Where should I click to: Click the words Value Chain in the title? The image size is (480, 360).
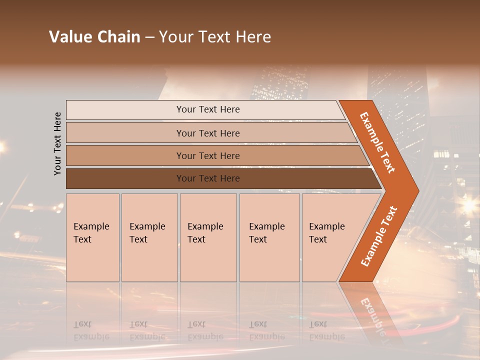(x=94, y=37)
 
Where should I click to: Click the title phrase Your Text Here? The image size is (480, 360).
(x=215, y=37)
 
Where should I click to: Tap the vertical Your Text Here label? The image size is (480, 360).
(x=57, y=143)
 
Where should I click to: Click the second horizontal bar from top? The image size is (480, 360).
(x=207, y=133)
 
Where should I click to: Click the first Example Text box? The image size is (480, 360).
(x=92, y=237)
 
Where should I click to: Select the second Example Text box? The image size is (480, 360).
(x=149, y=237)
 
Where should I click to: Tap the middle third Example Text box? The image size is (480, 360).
(x=208, y=237)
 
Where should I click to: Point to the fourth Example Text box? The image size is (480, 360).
(x=269, y=237)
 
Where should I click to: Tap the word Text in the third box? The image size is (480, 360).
(x=196, y=239)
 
